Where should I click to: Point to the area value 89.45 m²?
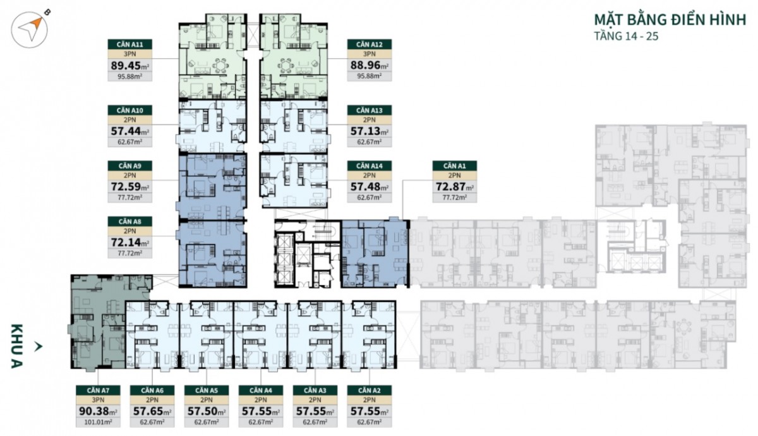(129, 64)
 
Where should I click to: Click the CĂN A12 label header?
(369, 44)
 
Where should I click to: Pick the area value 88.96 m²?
(369, 64)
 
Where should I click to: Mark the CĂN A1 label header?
(454, 166)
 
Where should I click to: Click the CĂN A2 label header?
(369, 390)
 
